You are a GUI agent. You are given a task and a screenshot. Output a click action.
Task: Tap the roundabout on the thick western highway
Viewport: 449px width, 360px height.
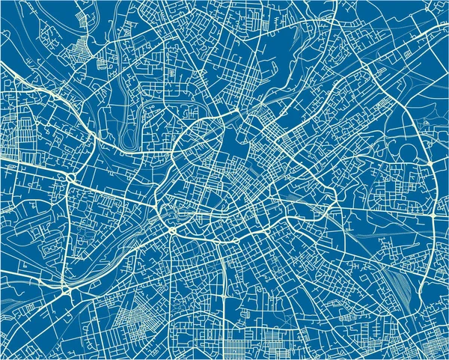[x=70, y=177]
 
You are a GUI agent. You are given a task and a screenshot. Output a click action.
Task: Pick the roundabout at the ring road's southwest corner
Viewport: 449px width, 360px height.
[x=173, y=231]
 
